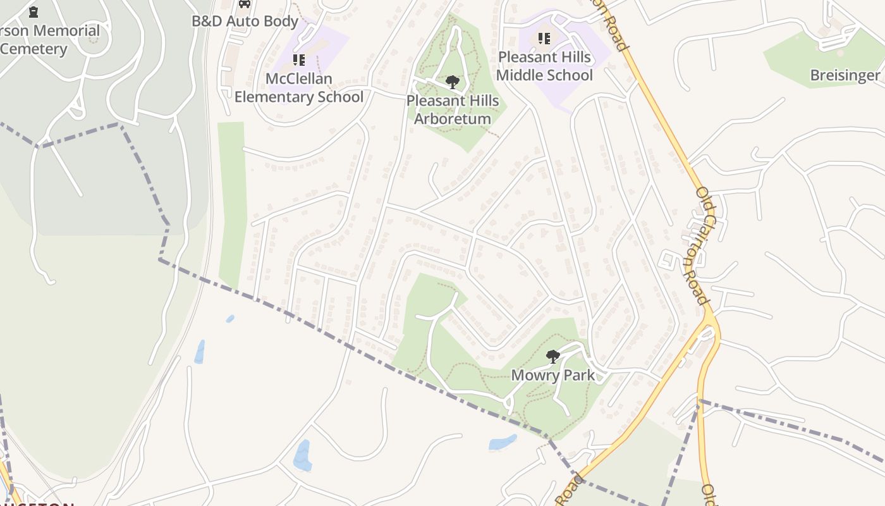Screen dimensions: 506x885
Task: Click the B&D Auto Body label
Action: [245, 21]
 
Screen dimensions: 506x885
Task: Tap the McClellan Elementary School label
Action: [298, 88]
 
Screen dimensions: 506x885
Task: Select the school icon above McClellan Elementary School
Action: [298, 60]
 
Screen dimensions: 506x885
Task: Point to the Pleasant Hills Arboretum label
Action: [453, 109]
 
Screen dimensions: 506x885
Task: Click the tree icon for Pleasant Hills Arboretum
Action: [452, 82]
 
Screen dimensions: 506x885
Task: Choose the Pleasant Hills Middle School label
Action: [544, 66]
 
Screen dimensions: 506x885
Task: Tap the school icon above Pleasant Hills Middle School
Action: [544, 39]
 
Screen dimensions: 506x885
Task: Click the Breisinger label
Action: [845, 76]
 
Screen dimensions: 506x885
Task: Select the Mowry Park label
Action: [552, 375]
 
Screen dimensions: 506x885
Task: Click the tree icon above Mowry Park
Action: [552, 357]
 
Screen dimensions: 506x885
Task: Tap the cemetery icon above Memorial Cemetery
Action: [34, 11]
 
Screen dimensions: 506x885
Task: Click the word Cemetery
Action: [34, 49]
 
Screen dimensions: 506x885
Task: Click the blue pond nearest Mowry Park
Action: [503, 442]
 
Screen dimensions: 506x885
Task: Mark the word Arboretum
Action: [453, 119]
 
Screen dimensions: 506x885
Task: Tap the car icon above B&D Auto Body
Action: [245, 3]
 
